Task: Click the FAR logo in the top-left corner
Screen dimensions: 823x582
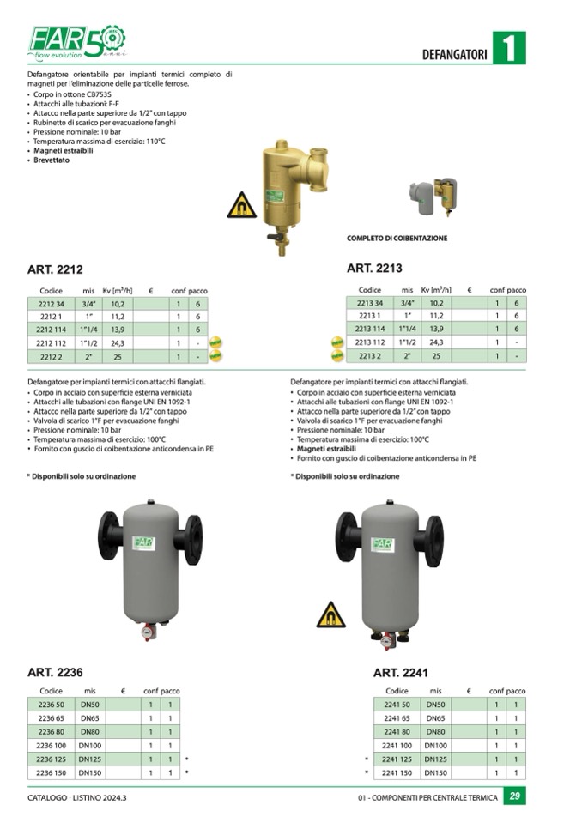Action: [76, 41]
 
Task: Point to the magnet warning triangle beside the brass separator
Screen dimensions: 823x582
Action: [241, 206]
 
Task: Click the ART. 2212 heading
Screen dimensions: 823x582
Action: [55, 269]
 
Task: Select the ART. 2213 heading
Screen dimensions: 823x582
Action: [374, 269]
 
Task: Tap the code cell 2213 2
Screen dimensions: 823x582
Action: [369, 355]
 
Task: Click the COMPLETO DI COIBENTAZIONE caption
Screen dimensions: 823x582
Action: [397, 239]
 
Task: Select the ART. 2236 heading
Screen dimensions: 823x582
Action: [55, 672]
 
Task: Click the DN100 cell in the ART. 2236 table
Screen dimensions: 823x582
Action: [90, 746]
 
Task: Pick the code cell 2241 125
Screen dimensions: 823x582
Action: [397, 759]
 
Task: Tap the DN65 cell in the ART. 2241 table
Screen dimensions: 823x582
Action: [435, 718]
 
